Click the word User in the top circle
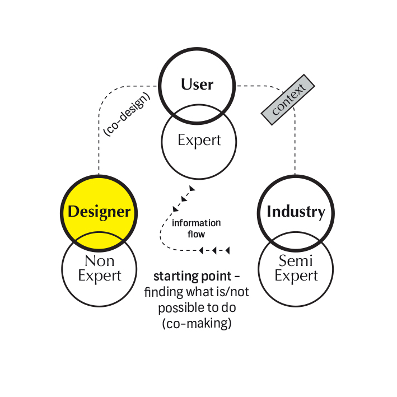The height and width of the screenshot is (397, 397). click(197, 85)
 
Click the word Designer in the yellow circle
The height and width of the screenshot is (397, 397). click(99, 212)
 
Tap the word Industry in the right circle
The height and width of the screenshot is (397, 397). click(296, 212)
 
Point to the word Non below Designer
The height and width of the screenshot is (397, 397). click(99, 260)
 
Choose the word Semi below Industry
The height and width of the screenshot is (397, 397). click(296, 260)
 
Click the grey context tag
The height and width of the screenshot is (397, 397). click(288, 100)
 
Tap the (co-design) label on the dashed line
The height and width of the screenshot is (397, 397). click(126, 114)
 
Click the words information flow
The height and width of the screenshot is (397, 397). click(196, 228)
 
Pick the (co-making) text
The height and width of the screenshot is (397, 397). click(195, 323)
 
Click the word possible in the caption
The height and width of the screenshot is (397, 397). click(178, 308)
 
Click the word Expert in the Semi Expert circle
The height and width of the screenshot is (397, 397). click(296, 275)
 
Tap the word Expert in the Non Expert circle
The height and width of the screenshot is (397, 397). click(99, 275)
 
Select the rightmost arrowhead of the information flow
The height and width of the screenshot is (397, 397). click(228, 250)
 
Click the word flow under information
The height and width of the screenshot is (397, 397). click(197, 235)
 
